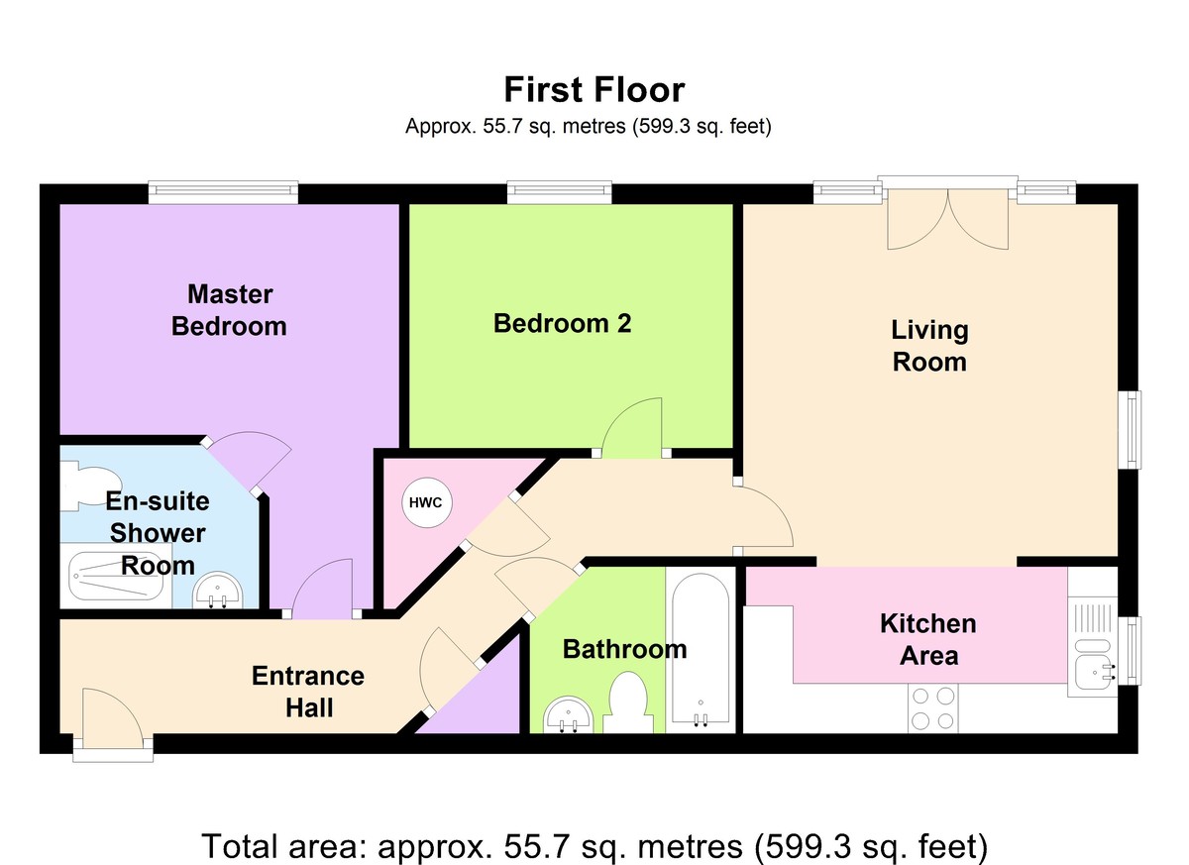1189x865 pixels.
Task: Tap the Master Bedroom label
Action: click(229, 309)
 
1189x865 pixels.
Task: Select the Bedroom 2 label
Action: click(562, 323)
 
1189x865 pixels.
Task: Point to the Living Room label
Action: click(929, 345)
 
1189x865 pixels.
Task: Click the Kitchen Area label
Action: click(928, 639)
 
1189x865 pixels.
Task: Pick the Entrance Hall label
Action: click(308, 692)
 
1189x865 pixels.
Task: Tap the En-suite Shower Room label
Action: click(158, 533)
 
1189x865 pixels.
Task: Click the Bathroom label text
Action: click(624, 649)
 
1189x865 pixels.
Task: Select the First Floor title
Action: click(594, 90)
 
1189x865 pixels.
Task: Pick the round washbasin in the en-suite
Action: click(215, 591)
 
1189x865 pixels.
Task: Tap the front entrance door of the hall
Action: click(111, 718)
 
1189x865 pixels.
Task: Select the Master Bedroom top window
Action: click(223, 191)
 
